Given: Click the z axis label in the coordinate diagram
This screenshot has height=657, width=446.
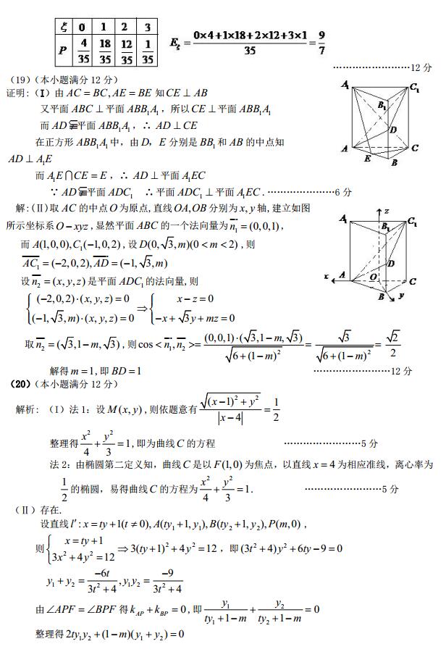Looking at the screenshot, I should [x=387, y=211].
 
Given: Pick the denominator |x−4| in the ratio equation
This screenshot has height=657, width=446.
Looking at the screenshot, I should [x=227, y=418].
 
